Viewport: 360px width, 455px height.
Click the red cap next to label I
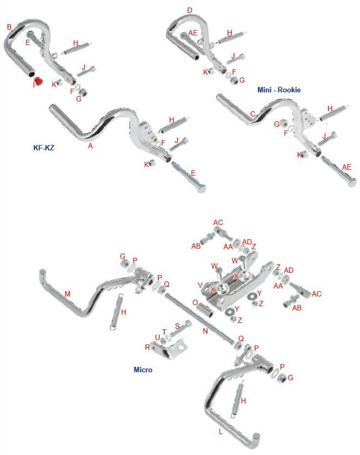(x=38, y=82)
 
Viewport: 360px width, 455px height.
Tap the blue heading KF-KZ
(x=44, y=147)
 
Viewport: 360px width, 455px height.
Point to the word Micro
(x=143, y=371)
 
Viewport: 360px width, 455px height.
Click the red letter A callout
(x=90, y=146)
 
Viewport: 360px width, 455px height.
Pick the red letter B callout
(x=9, y=27)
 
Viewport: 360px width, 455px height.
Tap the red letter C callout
(x=252, y=114)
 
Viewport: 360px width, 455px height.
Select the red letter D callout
(x=189, y=10)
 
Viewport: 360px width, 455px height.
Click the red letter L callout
(x=220, y=432)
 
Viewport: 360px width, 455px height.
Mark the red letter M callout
(x=67, y=294)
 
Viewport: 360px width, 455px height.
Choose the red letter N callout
(x=205, y=332)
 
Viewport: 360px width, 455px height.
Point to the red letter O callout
(x=195, y=302)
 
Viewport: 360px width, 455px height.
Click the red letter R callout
(x=147, y=346)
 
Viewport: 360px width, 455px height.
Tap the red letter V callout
(x=200, y=285)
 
